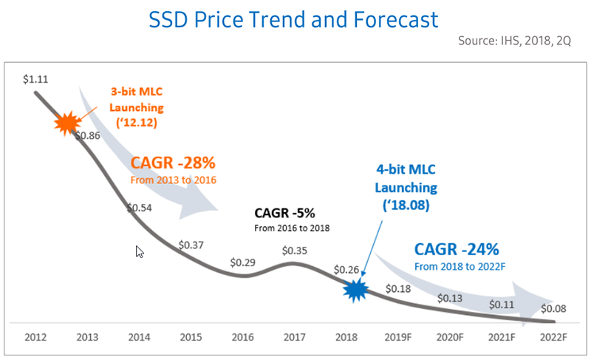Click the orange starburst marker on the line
click(x=67, y=123)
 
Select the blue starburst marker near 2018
click(x=355, y=289)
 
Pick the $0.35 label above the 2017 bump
click(x=295, y=250)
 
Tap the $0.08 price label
click(x=554, y=308)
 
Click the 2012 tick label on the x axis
click(x=35, y=338)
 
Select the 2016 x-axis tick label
click(x=242, y=338)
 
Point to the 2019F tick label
click(x=399, y=338)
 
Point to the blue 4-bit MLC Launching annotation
click(x=406, y=188)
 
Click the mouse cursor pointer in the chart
click(x=139, y=251)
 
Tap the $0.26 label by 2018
click(x=346, y=270)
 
